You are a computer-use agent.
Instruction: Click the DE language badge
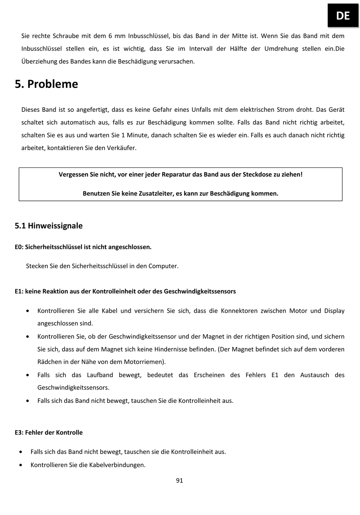(343, 16)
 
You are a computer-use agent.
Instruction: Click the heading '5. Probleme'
(46, 84)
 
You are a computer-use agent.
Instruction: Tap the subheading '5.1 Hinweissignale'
(49, 226)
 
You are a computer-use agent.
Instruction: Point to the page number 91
(180, 481)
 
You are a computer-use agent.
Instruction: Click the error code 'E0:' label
(19, 247)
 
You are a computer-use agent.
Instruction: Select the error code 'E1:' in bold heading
(19, 291)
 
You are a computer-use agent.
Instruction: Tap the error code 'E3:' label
(19, 433)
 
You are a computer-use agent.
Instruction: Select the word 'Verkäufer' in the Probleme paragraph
(121, 148)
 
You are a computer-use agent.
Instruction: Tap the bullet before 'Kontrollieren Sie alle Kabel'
(28, 311)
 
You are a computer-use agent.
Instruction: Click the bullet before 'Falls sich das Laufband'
(28, 375)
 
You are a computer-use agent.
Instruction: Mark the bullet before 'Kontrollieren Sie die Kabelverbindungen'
(21, 465)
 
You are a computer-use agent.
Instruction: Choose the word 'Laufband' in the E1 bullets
(100, 375)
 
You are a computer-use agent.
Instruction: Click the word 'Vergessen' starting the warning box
(73, 175)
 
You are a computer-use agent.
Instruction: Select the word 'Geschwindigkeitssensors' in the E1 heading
(200, 291)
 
